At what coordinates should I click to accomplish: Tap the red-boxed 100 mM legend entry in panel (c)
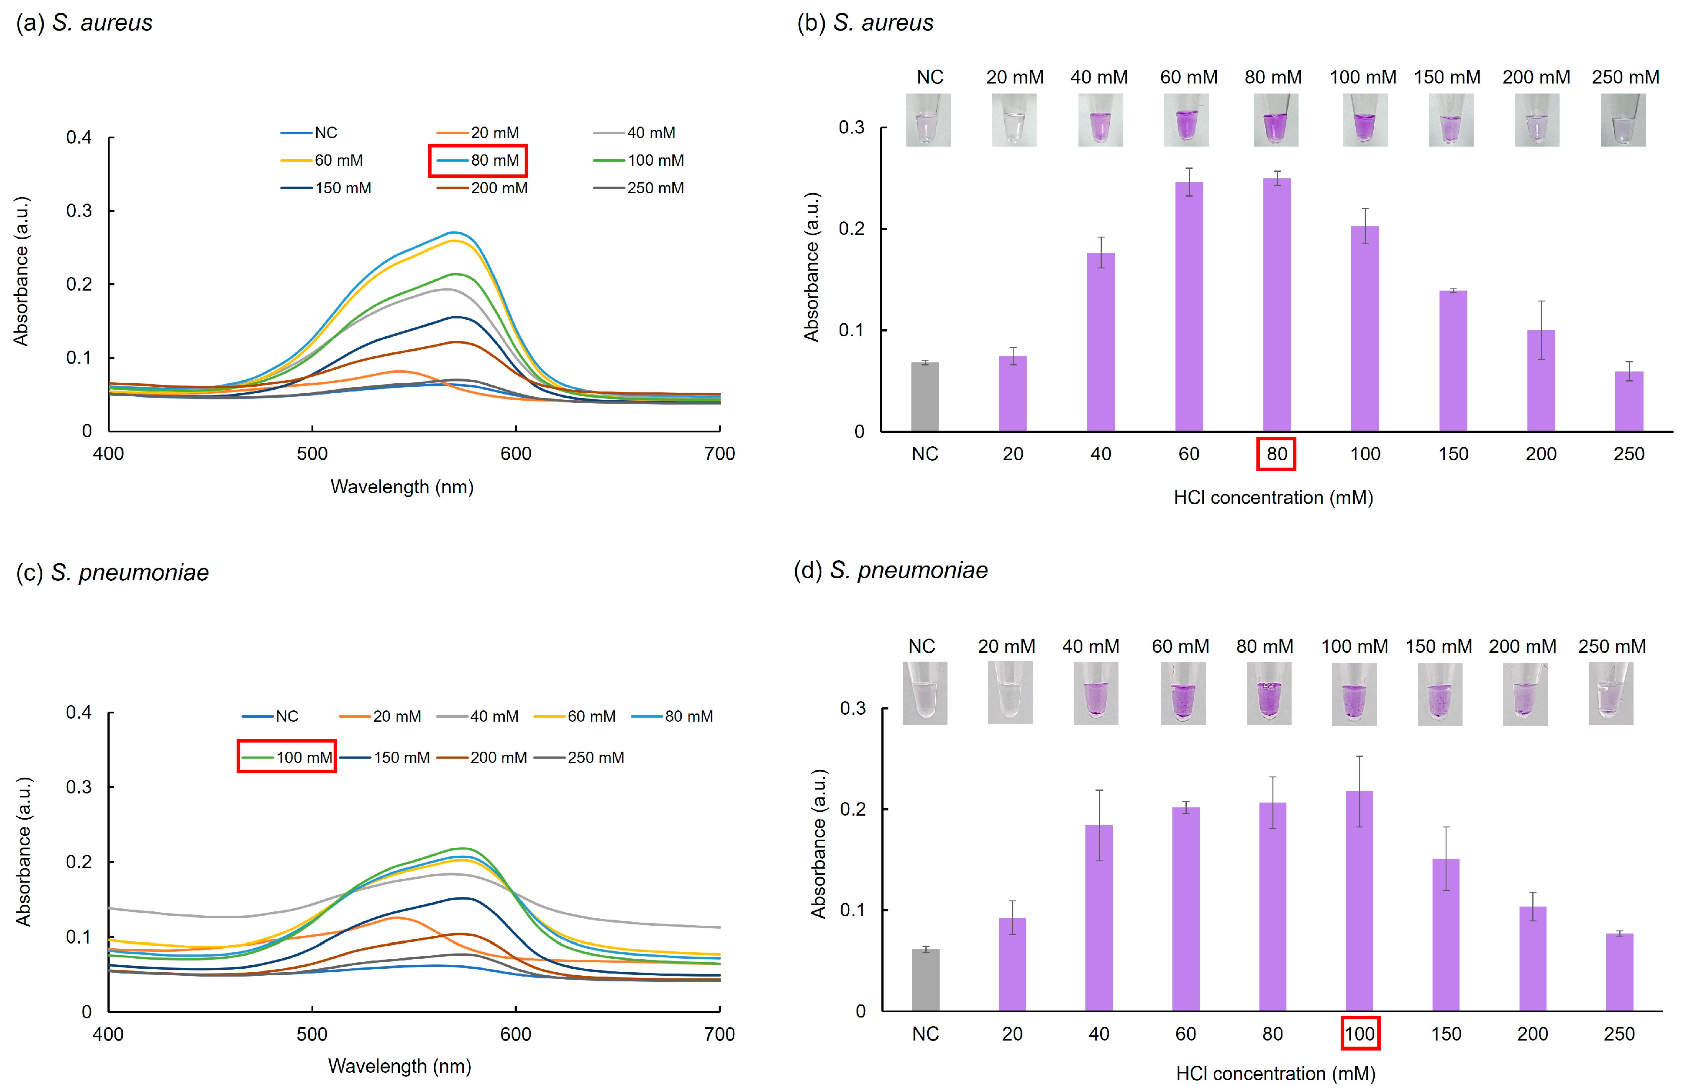(x=287, y=757)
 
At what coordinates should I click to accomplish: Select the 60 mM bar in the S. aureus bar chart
(x=1189, y=306)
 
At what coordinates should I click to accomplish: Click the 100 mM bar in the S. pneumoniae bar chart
(x=1359, y=900)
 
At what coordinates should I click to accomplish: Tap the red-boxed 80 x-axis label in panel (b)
(x=1276, y=454)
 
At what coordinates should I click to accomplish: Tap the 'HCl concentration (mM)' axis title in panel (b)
(x=1273, y=497)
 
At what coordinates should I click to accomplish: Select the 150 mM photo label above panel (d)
(x=1439, y=646)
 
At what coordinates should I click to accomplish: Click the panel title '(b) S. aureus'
(x=865, y=23)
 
